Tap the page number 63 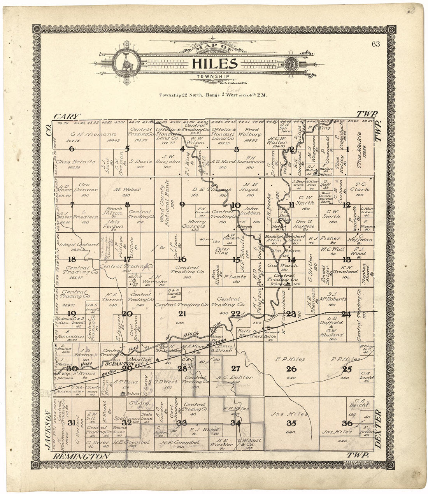(x=375, y=44)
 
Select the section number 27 (x=236, y=369)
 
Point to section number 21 (x=182, y=314)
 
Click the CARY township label (x=67, y=116)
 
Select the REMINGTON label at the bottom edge (x=81, y=456)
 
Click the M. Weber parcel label (x=127, y=190)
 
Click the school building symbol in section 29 (x=123, y=394)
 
